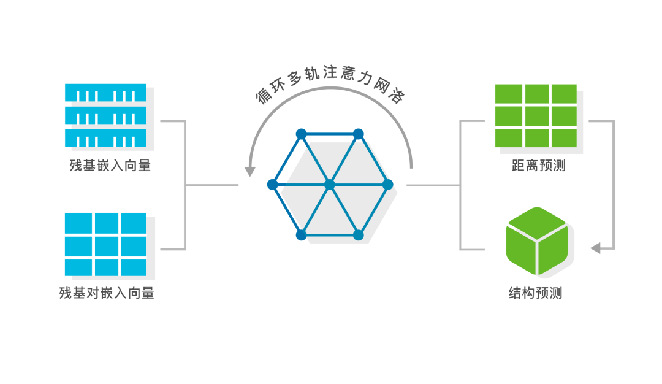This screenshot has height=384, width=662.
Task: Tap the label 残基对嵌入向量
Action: pyautogui.click(x=107, y=293)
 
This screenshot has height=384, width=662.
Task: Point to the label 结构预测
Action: pyautogui.click(x=535, y=293)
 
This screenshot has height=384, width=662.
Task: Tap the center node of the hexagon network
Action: pyautogui.click(x=330, y=184)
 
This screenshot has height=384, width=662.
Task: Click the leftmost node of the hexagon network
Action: pyautogui.click(x=273, y=184)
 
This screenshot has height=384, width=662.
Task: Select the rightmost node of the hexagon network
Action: pyautogui.click(x=387, y=184)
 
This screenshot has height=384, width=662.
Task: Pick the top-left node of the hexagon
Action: pyautogui.click(x=301, y=134)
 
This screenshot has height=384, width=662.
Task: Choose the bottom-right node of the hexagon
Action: pyautogui.click(x=359, y=235)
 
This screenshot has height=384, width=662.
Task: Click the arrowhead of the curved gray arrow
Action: pyautogui.click(x=249, y=170)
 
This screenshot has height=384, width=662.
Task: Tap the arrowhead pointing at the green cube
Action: pyautogui.click(x=595, y=248)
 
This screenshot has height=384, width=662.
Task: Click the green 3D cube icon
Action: pyautogui.click(x=537, y=241)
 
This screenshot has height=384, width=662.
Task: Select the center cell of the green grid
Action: pyautogui.click(x=536, y=115)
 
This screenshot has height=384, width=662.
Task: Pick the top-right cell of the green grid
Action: pyautogui.click(x=564, y=94)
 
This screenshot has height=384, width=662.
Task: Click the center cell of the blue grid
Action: pyautogui.click(x=106, y=245)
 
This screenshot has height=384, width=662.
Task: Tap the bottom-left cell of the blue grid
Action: pyautogui.click(x=78, y=267)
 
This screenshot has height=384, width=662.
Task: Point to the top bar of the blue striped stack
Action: pyautogui.click(x=106, y=93)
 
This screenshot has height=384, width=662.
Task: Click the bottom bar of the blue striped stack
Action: pyautogui.click(x=106, y=137)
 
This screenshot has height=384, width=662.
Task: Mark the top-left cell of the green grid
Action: pyautogui.click(x=508, y=94)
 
